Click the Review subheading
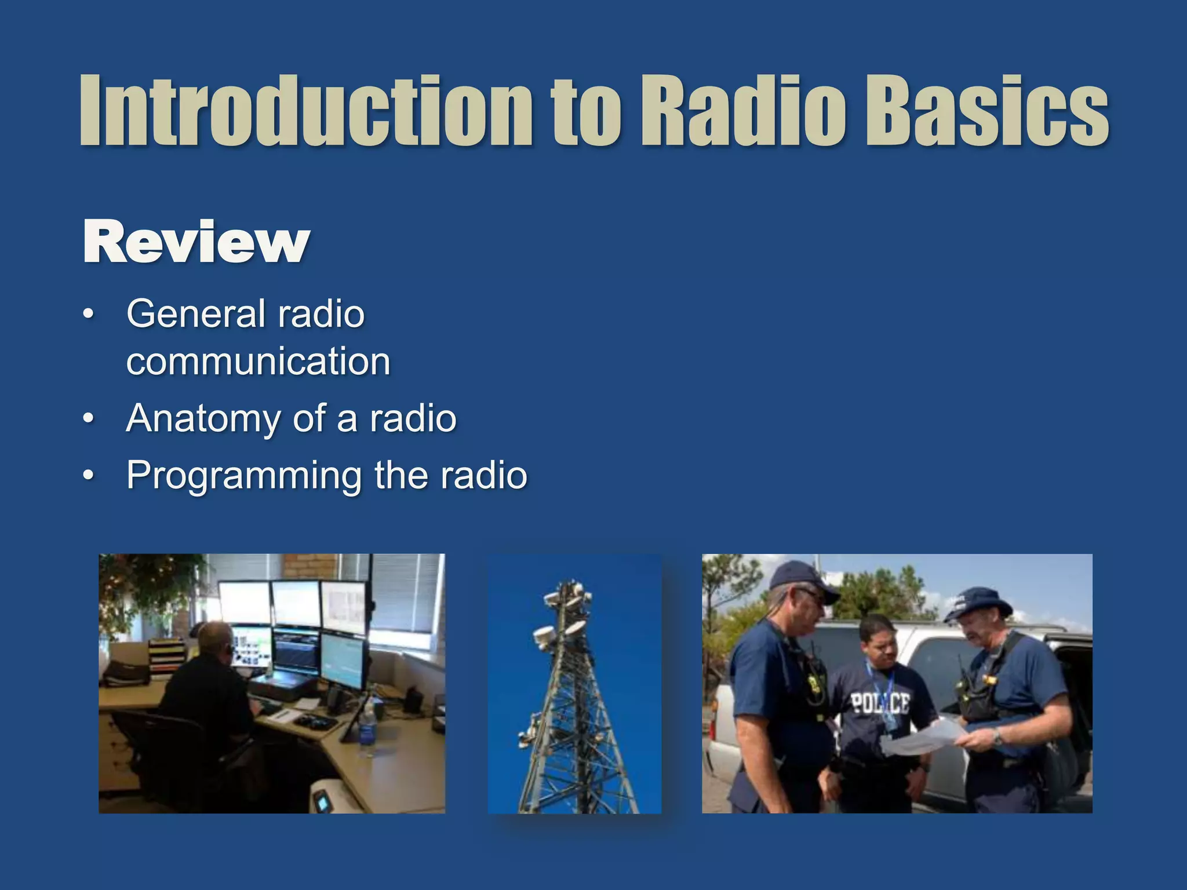coord(196,242)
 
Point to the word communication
coord(258,362)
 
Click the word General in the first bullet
coord(196,314)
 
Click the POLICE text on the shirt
coord(880,704)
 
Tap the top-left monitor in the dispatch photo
coord(244,603)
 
